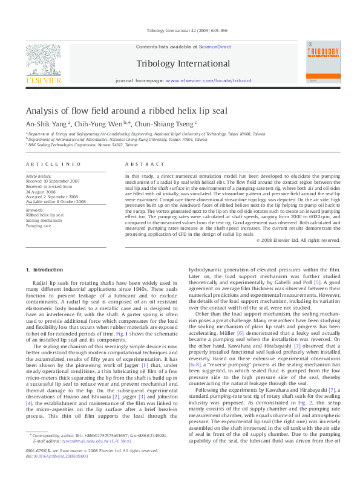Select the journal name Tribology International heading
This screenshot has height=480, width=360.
tap(180, 63)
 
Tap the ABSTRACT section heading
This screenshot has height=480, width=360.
tap(145, 164)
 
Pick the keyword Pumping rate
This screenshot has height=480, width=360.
tap(38, 225)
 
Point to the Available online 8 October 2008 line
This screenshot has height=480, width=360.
tap(55, 201)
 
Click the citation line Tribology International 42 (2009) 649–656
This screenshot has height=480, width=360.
tap(180, 30)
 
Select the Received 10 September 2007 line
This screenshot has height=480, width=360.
tap(52, 181)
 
